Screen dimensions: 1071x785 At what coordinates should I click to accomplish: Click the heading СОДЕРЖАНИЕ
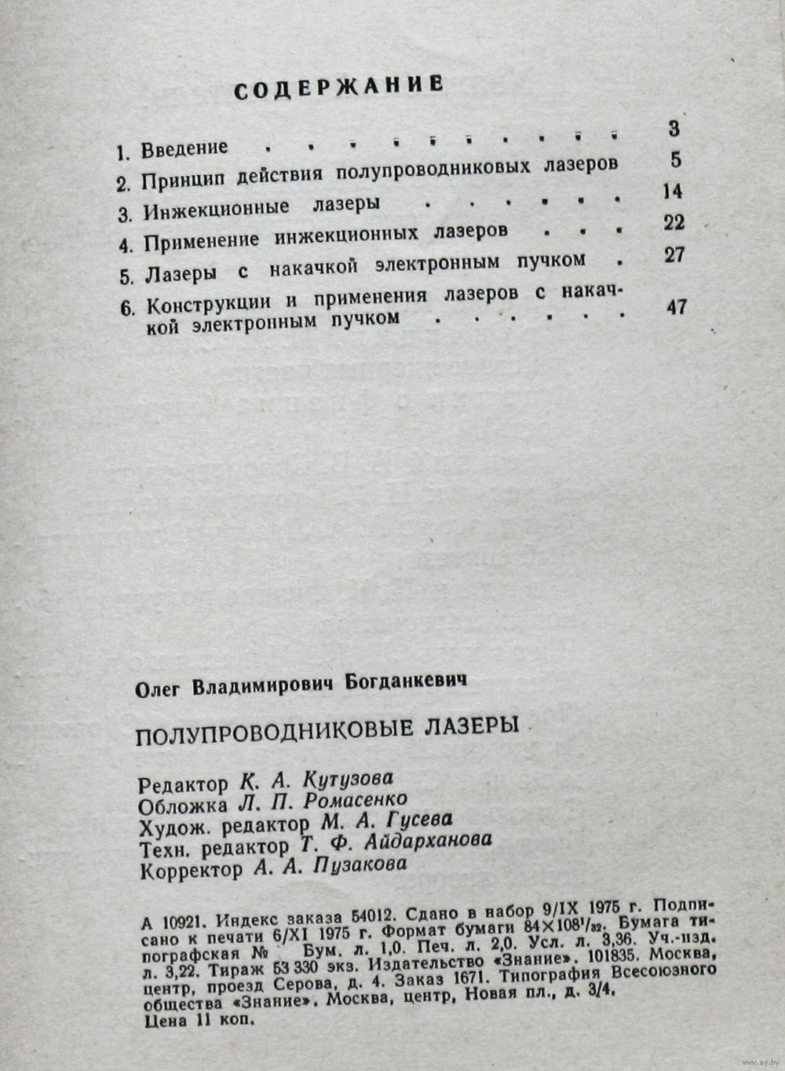pyautogui.click(x=339, y=86)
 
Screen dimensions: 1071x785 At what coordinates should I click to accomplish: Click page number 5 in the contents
pyautogui.click(x=676, y=159)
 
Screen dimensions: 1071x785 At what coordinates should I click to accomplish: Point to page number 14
pyautogui.click(x=672, y=191)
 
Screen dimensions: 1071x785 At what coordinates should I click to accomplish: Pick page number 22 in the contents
pyautogui.click(x=674, y=222)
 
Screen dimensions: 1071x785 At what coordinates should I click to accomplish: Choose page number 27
pyautogui.click(x=674, y=254)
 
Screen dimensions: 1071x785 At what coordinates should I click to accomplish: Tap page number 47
pyautogui.click(x=676, y=307)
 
